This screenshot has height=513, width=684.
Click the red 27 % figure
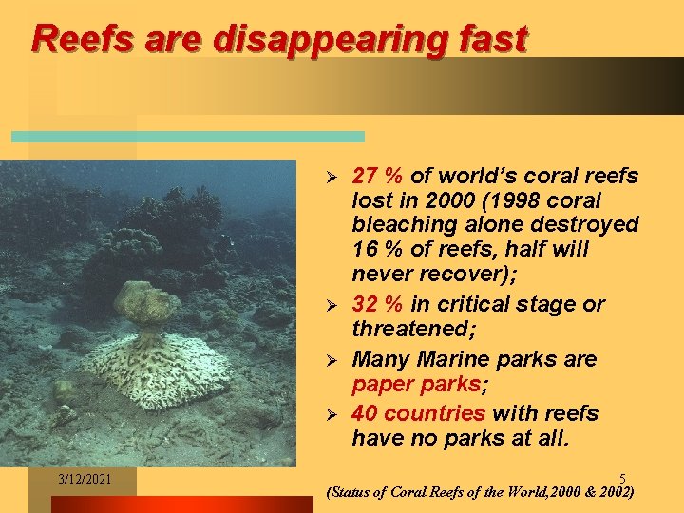(x=378, y=177)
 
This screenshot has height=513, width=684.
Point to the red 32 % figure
(x=378, y=304)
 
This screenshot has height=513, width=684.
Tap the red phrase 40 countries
(x=418, y=413)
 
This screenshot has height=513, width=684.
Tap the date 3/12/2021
(x=84, y=479)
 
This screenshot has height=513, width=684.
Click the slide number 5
(x=623, y=478)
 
